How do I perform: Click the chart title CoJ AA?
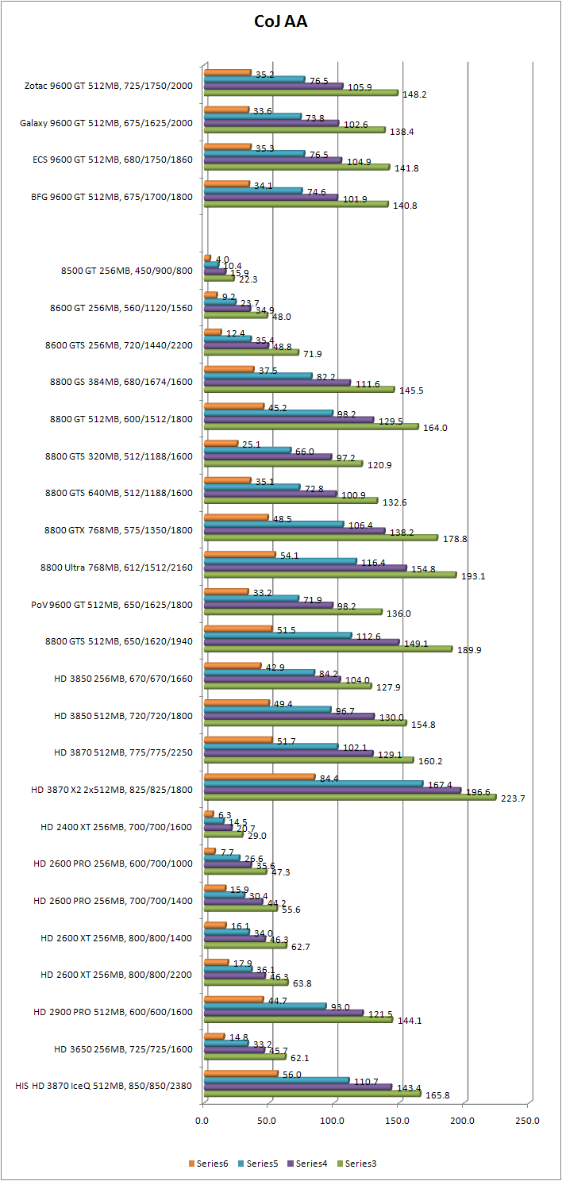280,22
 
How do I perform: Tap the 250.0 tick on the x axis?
527,1121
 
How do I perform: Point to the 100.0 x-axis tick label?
332,1121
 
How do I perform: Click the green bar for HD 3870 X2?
349,798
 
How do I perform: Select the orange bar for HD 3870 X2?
259,776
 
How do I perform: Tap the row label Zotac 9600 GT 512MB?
109,85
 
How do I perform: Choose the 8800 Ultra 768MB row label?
115,567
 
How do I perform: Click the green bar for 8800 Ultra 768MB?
329,575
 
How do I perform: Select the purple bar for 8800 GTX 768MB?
294,530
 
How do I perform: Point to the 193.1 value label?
474,575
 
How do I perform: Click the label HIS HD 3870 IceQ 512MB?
104,1086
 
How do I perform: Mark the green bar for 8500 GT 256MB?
218,279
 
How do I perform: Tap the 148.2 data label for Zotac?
414,94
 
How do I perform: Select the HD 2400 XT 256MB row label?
117,826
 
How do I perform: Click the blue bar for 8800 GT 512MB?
268,412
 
